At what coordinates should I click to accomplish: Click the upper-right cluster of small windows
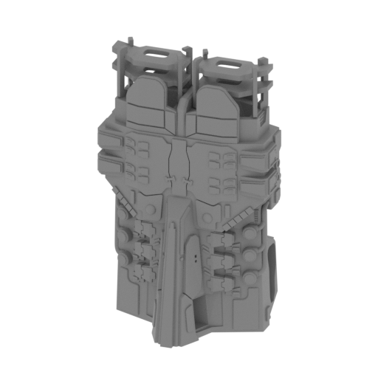pyautogui.click(x=222, y=158)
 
